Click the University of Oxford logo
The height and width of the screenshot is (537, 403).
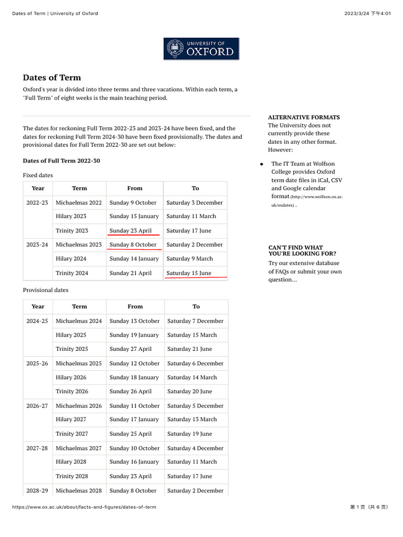tap(201, 48)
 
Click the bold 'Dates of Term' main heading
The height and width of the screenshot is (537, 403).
tap(52, 78)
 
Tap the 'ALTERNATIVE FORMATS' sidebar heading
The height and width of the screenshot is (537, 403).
tap(304, 117)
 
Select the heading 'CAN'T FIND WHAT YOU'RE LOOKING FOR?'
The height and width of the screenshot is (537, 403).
tap(302, 251)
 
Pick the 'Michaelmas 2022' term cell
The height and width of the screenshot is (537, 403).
tap(79, 202)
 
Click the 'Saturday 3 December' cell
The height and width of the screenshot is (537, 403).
tap(194, 202)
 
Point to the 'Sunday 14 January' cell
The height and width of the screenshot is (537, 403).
tap(134, 259)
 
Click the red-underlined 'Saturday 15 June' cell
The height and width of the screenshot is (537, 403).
tap(188, 273)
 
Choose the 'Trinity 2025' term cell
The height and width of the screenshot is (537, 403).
tap(72, 349)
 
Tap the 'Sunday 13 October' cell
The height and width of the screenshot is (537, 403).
tap(134, 321)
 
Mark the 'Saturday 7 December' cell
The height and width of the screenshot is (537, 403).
tap(195, 321)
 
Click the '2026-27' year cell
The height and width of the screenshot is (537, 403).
tap(37, 405)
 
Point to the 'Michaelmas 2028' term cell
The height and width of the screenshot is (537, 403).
tap(79, 490)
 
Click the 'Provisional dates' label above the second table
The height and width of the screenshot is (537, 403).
tap(46, 290)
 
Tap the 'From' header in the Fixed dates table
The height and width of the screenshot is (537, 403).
tap(135, 188)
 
